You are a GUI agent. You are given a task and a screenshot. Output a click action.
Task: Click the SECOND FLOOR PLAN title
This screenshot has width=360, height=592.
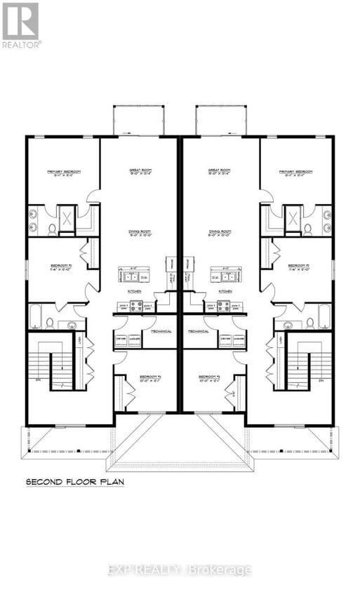tap(74, 482)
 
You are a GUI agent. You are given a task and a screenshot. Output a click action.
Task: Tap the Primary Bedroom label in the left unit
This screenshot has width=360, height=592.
tap(64, 172)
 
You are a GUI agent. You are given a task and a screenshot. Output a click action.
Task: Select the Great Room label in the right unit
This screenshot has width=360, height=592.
tap(219, 170)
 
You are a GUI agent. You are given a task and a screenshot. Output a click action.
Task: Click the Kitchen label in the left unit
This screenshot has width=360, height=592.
tap(134, 290)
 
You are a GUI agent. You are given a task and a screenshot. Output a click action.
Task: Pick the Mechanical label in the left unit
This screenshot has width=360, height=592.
tap(161, 330)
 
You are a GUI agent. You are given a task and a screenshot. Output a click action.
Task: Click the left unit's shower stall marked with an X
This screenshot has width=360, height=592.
tap(66, 218)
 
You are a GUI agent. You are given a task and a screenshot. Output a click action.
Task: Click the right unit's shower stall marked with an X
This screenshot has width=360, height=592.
tap(293, 218)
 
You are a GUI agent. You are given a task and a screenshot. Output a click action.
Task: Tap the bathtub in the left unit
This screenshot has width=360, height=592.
tap(35, 316)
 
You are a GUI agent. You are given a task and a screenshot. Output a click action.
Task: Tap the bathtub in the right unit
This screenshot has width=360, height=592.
tap(325, 316)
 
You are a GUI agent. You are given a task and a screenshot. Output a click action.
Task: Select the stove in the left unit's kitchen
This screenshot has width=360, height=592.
tap(135, 306)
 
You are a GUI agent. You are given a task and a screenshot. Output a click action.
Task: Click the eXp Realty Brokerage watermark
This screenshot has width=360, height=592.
tap(180, 570)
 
